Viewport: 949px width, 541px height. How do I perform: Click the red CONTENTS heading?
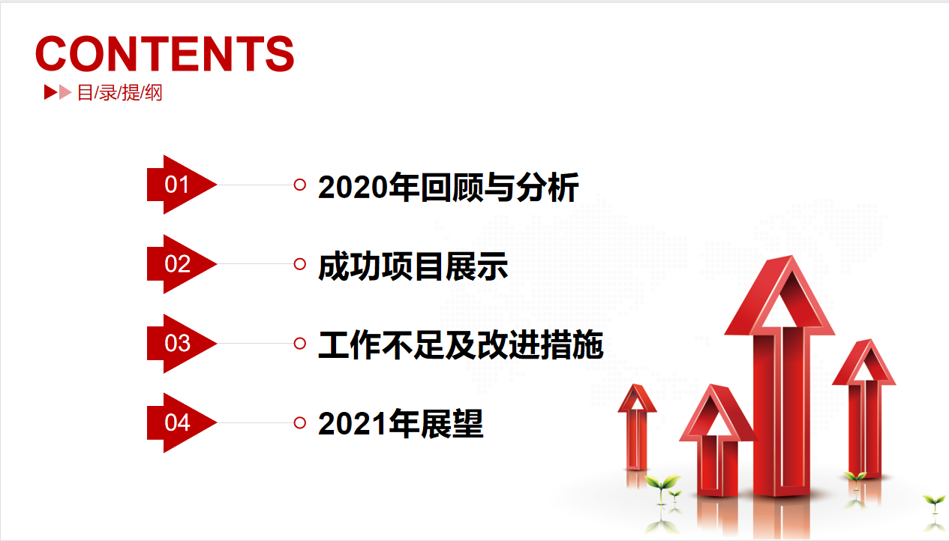(165, 53)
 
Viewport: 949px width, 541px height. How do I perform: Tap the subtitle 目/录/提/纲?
(119, 93)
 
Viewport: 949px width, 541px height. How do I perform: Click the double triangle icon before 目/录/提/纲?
(58, 92)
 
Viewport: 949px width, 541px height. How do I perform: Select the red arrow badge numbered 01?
(182, 185)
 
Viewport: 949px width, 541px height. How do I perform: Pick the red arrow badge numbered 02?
(182, 264)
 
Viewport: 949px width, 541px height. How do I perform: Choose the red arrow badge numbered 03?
(182, 343)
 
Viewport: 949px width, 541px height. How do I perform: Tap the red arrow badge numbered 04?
(182, 422)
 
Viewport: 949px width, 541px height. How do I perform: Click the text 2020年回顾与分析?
(448, 188)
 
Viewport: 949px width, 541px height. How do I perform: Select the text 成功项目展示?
(413, 266)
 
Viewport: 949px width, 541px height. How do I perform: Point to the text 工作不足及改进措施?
(461, 345)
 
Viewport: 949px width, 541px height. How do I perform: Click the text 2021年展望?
(401, 424)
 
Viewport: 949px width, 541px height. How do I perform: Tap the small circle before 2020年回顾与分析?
(299, 185)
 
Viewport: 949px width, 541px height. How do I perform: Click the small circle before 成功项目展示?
(299, 264)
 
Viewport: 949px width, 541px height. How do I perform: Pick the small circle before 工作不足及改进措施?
(299, 343)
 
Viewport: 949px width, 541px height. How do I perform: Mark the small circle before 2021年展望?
(299, 422)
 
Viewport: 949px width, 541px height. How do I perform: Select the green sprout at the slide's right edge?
(934, 504)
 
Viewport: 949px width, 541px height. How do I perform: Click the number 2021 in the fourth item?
(353, 424)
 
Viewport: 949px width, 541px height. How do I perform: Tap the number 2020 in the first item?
(353, 188)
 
